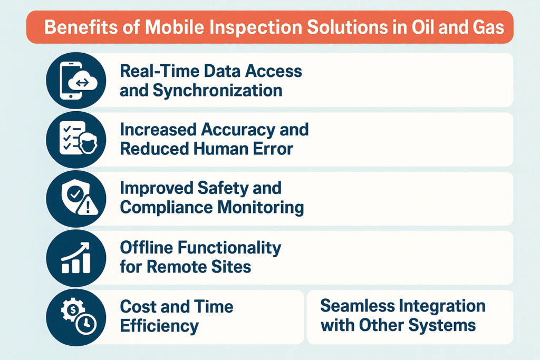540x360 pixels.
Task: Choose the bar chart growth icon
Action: pos(76,258)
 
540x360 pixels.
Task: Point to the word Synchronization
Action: pos(218,91)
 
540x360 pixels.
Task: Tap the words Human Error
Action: pos(243,149)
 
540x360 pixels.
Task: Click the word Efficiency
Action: pos(159,326)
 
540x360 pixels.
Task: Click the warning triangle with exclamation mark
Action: pos(88,206)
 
